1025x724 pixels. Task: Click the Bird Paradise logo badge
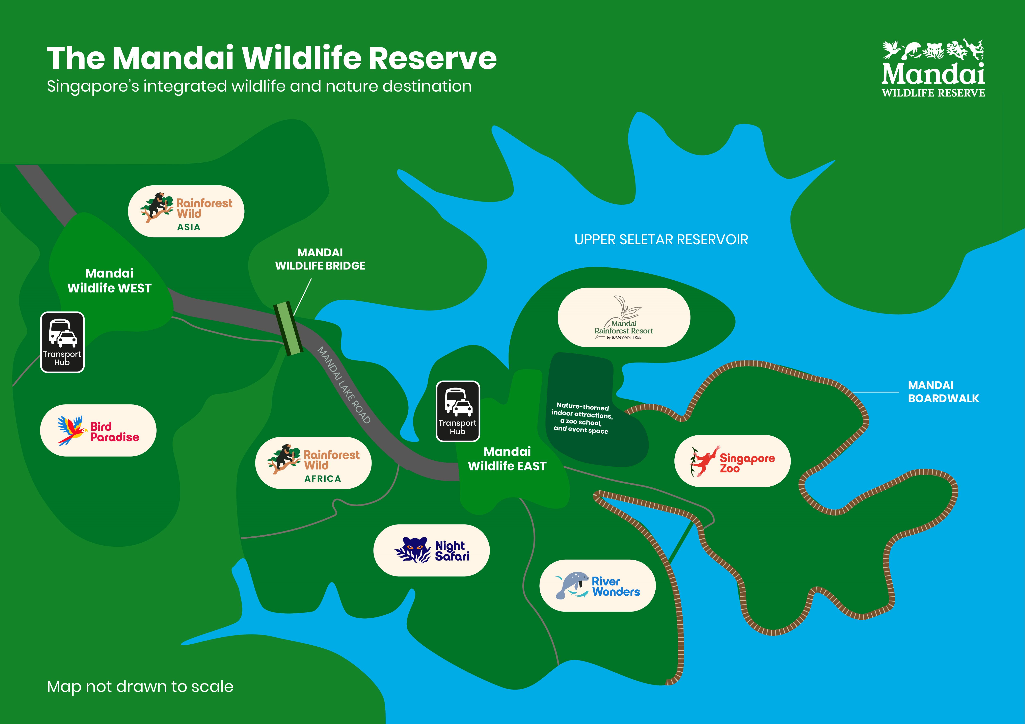click(x=98, y=431)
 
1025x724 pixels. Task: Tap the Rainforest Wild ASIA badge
click(x=186, y=211)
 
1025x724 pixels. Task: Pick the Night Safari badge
click(x=431, y=550)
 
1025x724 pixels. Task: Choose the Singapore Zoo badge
click(x=732, y=461)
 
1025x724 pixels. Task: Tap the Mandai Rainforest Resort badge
click(x=624, y=317)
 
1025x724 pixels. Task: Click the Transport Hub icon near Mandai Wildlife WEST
click(x=62, y=342)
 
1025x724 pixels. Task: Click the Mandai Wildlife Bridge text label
click(x=320, y=259)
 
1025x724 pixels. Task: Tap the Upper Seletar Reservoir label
click(x=661, y=240)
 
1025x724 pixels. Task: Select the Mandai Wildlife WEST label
click(x=109, y=281)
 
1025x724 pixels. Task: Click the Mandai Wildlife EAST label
click(x=507, y=459)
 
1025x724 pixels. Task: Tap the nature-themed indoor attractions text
click(x=582, y=418)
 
